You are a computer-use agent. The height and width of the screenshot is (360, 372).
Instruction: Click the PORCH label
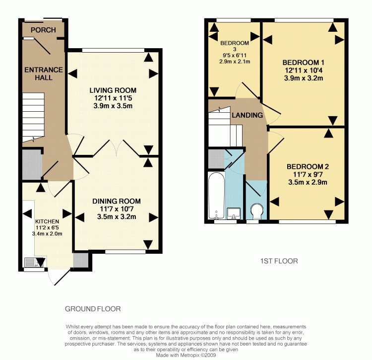coord(43,30)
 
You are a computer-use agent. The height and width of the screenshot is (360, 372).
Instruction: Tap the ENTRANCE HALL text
coord(44,73)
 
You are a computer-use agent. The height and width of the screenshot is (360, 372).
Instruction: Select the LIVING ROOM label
coord(113,90)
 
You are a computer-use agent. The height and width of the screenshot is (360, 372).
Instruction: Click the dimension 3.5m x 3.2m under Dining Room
coord(117,216)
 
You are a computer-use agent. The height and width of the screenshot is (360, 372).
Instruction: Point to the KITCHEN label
coord(47,221)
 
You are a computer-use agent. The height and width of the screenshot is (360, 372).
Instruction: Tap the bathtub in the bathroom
coord(216,195)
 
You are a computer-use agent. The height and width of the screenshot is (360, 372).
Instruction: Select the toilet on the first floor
coord(257,211)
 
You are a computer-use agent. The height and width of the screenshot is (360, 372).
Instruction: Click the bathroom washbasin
coord(234,214)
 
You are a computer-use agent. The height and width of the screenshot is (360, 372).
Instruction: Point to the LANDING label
coord(247,115)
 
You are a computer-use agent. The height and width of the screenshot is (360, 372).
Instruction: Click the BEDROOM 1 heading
coord(303,63)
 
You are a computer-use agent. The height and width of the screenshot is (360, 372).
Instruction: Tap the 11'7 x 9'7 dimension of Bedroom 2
coord(308,175)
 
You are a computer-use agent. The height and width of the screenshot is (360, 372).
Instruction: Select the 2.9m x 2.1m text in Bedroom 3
coord(235,62)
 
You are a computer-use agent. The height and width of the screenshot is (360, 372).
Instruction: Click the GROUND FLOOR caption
coord(93,309)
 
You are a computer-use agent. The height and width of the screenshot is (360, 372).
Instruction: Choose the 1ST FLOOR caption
coord(279,261)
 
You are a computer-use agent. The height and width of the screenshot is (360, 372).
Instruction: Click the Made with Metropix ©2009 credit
coord(186,355)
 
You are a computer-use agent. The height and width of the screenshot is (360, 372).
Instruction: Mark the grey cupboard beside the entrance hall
coord(32,164)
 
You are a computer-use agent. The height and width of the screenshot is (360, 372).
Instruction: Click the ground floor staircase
coord(33,117)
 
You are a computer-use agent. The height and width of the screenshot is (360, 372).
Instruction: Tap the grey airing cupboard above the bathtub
coord(216,158)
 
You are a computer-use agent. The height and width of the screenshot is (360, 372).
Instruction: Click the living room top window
coord(113,50)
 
